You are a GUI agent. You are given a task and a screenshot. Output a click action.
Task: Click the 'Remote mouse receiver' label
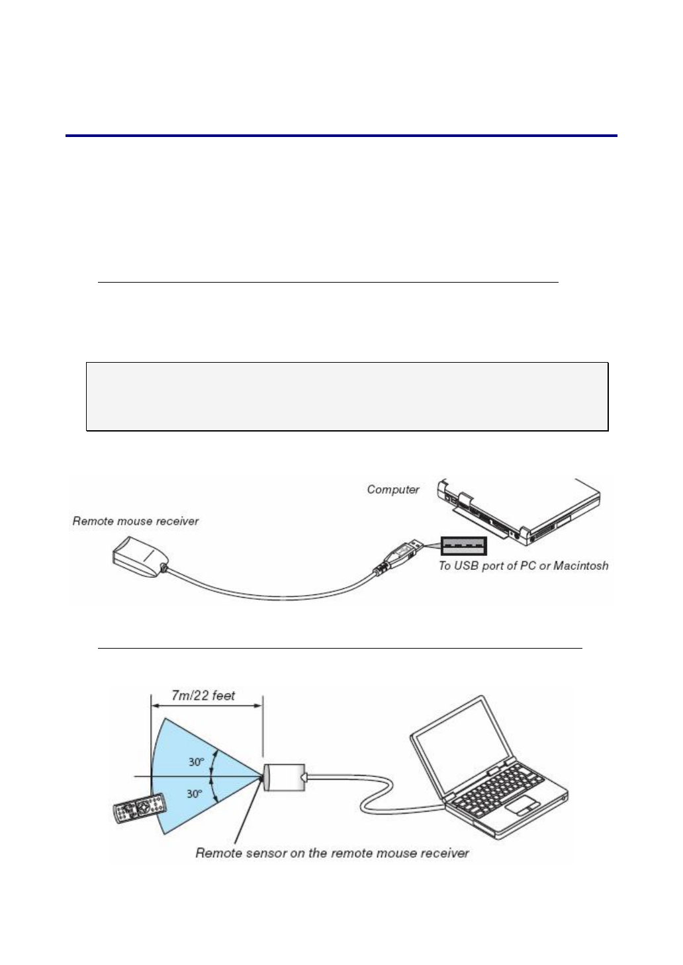(135, 522)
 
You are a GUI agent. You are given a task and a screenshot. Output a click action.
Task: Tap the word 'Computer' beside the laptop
(393, 490)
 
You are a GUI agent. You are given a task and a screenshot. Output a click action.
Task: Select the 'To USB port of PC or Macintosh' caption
(523, 566)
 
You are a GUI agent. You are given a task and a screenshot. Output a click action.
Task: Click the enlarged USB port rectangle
(464, 546)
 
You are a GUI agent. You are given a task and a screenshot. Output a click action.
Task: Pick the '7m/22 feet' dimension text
(203, 696)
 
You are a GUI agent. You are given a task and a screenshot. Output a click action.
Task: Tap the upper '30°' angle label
(195, 762)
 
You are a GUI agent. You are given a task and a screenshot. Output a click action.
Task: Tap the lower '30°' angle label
(195, 793)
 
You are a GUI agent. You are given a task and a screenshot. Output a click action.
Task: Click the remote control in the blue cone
(139, 808)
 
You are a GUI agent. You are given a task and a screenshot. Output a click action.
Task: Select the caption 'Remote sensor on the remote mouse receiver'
(332, 853)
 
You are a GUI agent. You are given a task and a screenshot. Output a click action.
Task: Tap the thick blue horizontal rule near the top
(341, 136)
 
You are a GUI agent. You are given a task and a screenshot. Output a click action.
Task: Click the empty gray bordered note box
(347, 396)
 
